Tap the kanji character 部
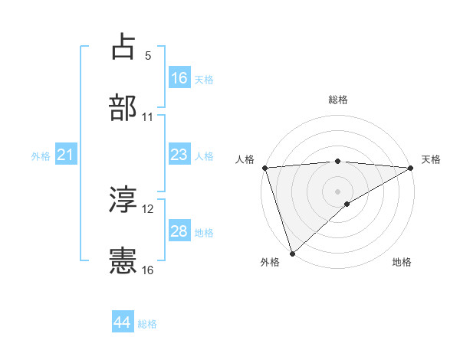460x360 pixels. pos(123,108)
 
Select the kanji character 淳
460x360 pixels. pos(123,200)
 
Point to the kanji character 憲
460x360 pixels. pos(123,261)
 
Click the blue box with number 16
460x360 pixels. pos(179,78)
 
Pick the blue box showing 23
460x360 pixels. pos(179,155)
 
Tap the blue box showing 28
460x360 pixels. pos(179,232)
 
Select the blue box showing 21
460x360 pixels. pos(66,155)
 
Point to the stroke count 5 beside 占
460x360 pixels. pos(148,56)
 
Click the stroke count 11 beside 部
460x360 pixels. pos(148,117)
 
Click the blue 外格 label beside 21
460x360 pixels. pos(41,156)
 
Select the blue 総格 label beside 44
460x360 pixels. pos(147,324)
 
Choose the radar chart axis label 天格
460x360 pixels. pos(432,159)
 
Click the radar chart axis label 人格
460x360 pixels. pos(245,159)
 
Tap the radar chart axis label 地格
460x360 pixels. pos(402,262)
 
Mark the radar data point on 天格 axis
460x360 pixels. pos(412,168)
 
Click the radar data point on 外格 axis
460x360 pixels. pos(292,254)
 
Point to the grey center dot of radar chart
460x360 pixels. pos(338,191)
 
